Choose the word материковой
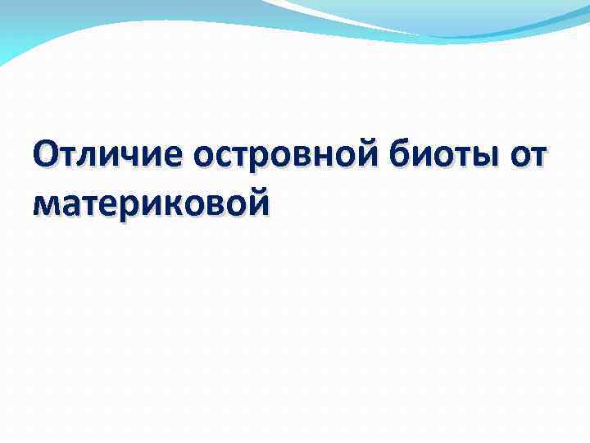(x=151, y=201)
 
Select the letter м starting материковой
(x=46, y=203)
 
